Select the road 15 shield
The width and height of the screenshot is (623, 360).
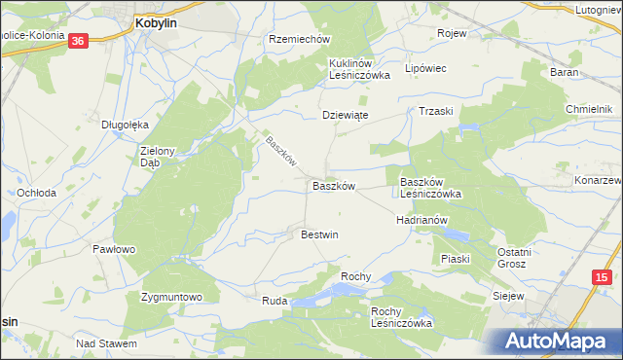coord(601,278)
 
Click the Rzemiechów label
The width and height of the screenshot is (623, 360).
coord(300,39)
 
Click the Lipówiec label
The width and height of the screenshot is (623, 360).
coord(424,69)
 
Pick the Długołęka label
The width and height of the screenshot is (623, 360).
coord(125,125)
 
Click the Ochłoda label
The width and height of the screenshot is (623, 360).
coord(36,193)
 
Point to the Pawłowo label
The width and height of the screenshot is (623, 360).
coord(113,249)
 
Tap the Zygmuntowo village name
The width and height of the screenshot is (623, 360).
coord(170,297)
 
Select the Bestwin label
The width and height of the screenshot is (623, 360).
coord(319,234)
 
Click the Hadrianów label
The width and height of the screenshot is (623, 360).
coord(421,220)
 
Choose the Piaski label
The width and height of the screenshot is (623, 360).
coord(455,258)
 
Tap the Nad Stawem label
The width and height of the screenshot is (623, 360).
coord(106,343)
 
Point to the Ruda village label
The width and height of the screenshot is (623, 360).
coord(274,302)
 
